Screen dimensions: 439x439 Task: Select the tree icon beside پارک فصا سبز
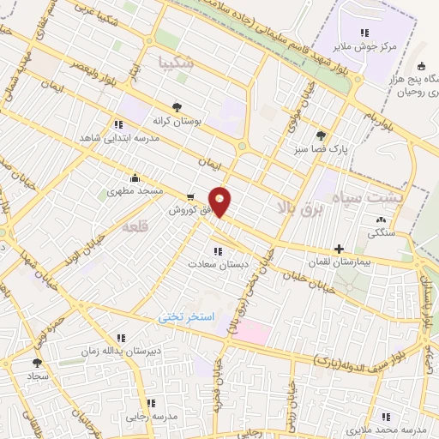[322, 135]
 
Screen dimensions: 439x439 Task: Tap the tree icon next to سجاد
[36, 363]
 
